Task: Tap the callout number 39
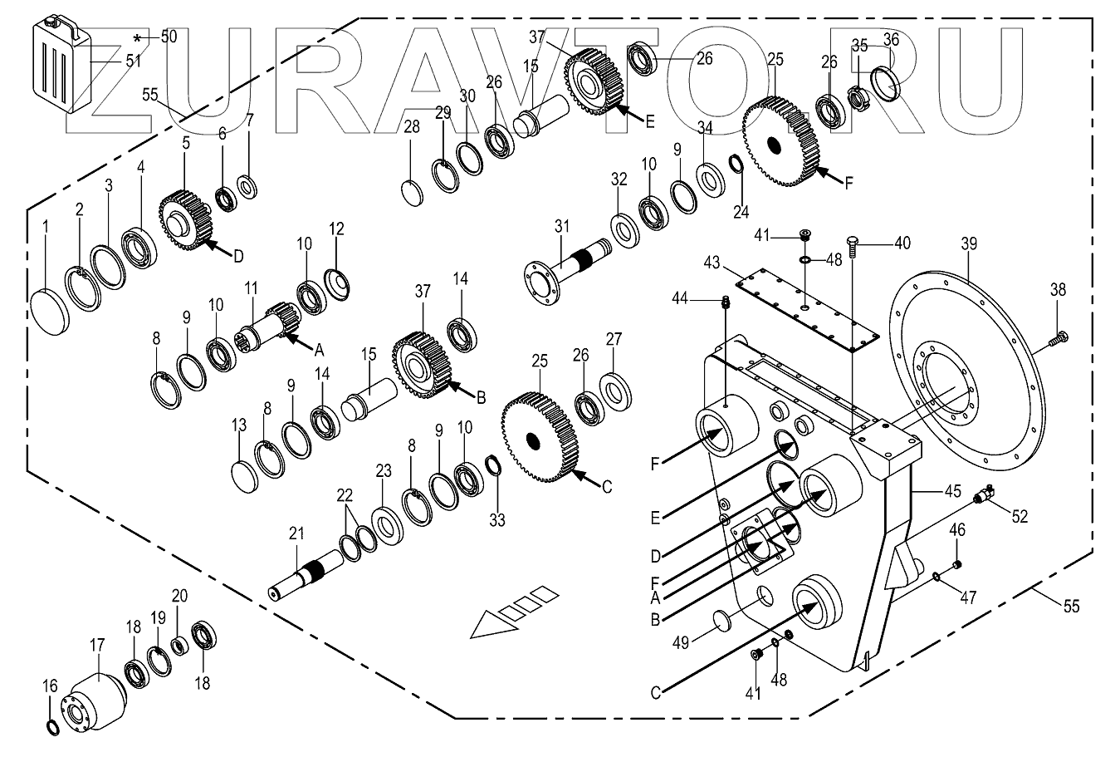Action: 969,243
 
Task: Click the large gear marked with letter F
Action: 778,141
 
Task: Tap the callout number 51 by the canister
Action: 133,60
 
